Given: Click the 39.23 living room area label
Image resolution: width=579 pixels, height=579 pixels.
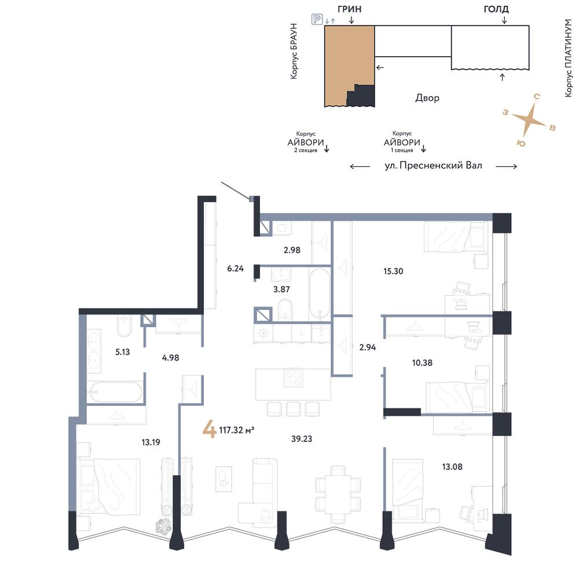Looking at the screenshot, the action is click(301, 439).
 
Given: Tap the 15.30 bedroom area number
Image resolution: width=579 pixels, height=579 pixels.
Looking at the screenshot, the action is click(393, 271).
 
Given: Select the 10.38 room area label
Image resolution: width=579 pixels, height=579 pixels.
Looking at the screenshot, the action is click(422, 362).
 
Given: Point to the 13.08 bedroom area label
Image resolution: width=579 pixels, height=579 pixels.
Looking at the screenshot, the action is click(452, 467).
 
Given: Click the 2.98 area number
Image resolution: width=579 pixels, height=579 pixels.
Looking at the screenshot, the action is click(292, 250).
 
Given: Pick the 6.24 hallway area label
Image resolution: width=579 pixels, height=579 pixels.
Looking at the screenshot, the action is click(235, 269).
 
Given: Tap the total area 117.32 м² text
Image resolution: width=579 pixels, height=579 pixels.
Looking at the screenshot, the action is click(237, 430).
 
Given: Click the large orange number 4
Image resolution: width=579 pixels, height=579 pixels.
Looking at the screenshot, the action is click(210, 430).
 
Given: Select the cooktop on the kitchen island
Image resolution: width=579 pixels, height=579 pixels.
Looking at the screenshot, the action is click(294, 378).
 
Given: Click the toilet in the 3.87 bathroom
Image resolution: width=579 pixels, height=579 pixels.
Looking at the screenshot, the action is click(285, 309).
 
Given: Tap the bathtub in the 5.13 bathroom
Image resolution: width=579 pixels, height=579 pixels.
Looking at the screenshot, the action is click(115, 392).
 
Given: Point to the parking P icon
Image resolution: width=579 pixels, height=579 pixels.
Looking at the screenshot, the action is click(317, 19).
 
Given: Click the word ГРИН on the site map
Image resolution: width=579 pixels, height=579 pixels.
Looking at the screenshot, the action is click(349, 9).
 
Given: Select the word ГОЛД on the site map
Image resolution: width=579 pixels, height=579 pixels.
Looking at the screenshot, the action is click(496, 9).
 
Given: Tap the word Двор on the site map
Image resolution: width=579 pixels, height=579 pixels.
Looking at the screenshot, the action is click(427, 98).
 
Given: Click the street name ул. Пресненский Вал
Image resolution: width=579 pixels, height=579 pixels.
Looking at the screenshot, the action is click(433, 166).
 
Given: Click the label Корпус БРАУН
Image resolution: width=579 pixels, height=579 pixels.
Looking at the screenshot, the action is click(294, 51).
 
